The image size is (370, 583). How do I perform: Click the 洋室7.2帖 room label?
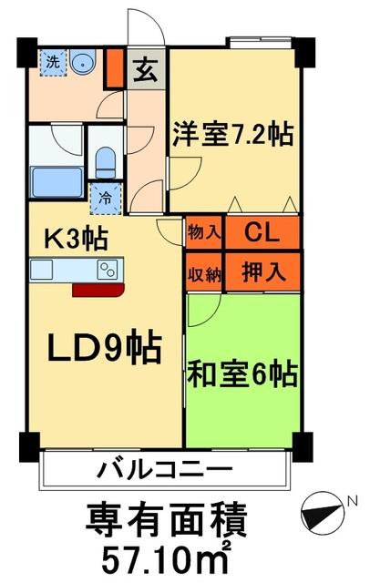233,136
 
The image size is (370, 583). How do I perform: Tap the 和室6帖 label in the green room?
243,373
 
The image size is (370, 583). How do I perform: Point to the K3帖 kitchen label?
77,240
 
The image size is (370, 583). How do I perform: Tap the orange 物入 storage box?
203,231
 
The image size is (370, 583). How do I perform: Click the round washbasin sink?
84,62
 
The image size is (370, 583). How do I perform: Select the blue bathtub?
57,179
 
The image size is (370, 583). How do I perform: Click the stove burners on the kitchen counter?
108,269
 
